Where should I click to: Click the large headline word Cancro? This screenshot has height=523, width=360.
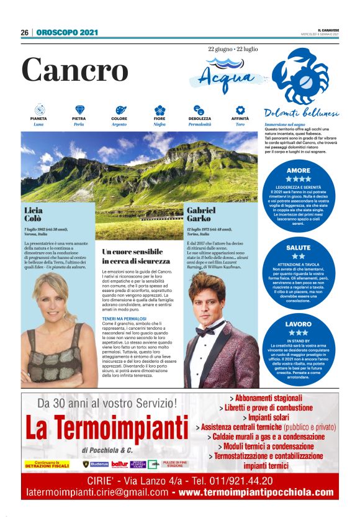[74, 69]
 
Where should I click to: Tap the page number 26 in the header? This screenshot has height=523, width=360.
[25, 32]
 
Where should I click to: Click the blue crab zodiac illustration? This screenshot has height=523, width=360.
[300, 78]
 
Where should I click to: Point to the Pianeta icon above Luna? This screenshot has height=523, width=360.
[38, 110]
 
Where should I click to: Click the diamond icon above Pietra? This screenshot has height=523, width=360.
[79, 110]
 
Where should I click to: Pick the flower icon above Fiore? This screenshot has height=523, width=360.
[160, 110]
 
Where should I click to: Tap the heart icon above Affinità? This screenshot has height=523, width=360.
[240, 110]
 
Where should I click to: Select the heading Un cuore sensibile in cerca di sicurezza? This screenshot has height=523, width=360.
[132, 257]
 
